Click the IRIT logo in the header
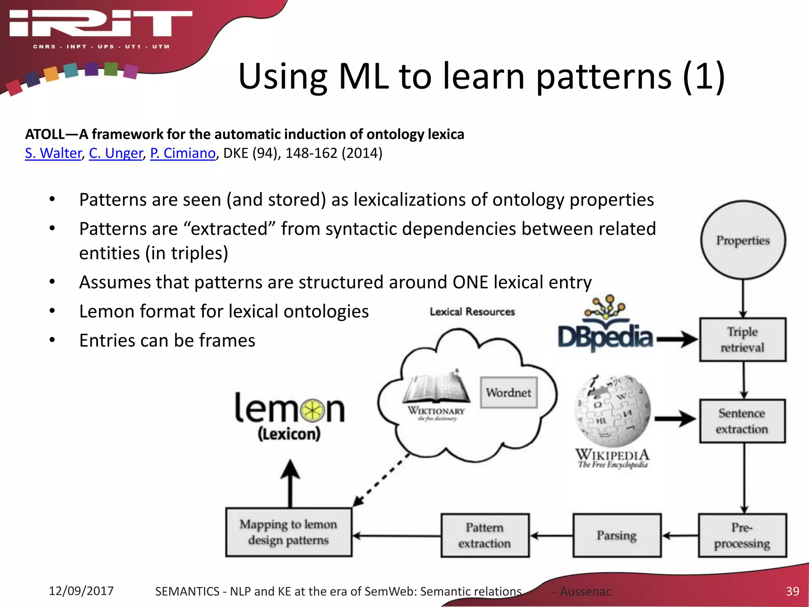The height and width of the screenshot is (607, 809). click(101, 25)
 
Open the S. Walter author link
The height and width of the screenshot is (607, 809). click(53, 153)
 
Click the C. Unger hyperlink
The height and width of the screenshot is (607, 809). click(116, 153)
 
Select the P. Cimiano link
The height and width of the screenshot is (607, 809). click(183, 153)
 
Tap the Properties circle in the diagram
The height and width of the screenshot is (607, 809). click(743, 240)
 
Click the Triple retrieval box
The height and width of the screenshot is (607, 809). click(743, 339)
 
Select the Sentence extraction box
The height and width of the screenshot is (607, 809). click(742, 421)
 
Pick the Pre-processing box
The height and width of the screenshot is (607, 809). click(742, 535)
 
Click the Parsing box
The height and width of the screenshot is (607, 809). click(617, 535)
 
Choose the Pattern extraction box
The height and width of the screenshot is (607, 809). click(485, 535)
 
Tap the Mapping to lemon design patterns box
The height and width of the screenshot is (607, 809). click(288, 532)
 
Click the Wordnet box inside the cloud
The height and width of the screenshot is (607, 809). click(509, 392)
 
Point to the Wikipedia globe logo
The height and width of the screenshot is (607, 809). click(612, 411)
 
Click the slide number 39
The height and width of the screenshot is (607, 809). click(792, 591)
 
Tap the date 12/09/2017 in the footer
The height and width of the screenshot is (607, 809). click(81, 591)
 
